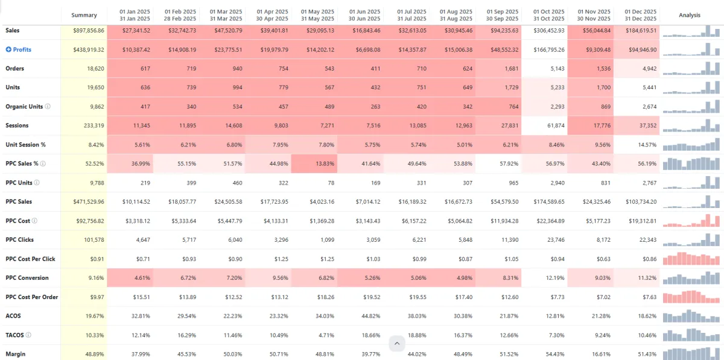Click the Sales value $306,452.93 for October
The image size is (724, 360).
548,30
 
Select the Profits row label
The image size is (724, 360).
22,49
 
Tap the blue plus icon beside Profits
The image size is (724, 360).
8,49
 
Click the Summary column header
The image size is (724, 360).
84,15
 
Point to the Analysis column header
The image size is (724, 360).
690,15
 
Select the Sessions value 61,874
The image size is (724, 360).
553,125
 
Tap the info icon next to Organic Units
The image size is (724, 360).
48,107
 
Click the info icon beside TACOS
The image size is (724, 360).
28,335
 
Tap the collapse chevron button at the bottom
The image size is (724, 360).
397,344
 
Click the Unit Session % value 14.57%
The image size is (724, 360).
645,145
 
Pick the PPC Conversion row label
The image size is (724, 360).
27,278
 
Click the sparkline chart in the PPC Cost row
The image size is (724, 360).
691,221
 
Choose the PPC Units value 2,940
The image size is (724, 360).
554,183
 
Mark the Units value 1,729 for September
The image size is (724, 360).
508,87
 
